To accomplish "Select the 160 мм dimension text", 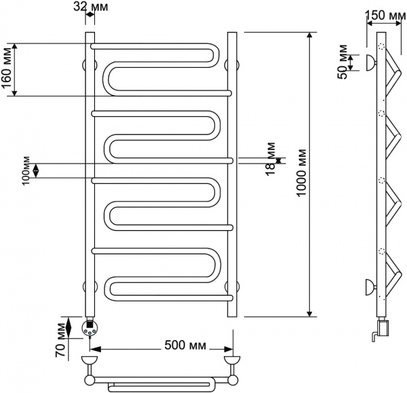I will pos(6,69).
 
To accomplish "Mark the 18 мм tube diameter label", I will pos(271,155).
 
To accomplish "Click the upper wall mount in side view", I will pos(368,62).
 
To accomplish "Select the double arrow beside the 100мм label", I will pos(37,170).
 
